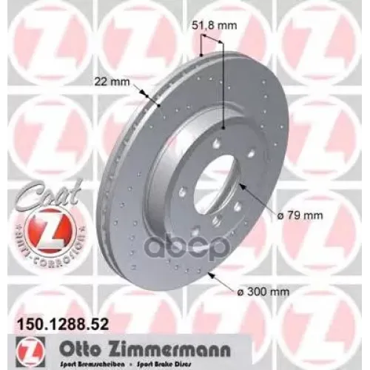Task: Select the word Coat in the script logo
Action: coord(38,188)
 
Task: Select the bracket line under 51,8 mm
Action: coord(211,43)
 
